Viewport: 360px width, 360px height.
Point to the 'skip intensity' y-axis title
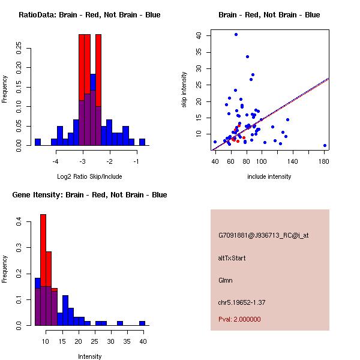click(185, 90)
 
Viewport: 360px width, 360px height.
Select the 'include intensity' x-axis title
click(269, 176)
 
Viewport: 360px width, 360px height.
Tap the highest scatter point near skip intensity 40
click(236, 35)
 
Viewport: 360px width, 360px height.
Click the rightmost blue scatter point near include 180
click(325, 145)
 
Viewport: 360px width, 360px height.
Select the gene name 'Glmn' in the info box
click(226, 280)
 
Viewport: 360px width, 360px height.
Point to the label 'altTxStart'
click(232, 258)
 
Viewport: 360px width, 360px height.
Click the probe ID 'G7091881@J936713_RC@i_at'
click(263, 236)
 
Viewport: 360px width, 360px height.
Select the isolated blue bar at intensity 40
click(142, 323)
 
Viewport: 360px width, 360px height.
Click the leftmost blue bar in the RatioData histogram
click(38, 142)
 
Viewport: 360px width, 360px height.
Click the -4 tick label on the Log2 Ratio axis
click(56, 161)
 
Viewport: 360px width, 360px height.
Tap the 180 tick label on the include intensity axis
click(324, 161)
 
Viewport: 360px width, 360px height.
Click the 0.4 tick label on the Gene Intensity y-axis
click(19, 222)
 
